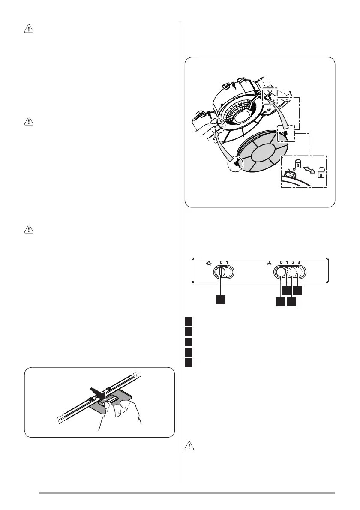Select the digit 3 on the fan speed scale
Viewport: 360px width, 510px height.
point(299,262)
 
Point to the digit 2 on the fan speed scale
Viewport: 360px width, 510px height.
point(293,262)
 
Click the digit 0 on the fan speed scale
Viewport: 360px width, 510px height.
point(281,262)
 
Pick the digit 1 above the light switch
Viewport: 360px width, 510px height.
point(227,262)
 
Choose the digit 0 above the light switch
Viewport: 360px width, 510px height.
point(221,262)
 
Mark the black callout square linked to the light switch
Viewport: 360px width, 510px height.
point(221,300)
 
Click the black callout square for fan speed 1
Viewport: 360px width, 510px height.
point(286,291)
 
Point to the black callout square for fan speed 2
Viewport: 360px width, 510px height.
point(292,301)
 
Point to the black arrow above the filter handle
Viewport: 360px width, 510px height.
point(98,391)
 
